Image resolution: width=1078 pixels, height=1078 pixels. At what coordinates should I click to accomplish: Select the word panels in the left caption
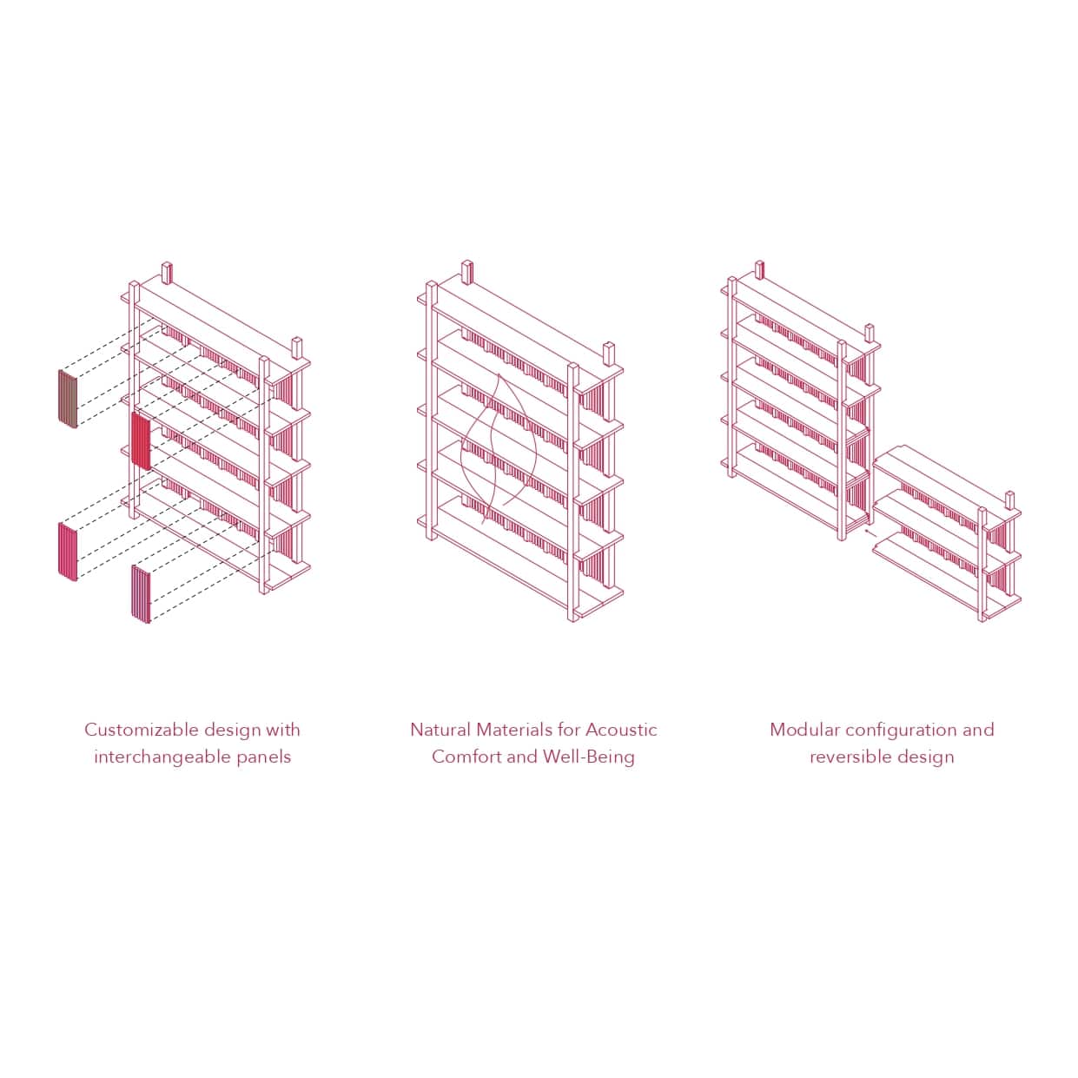(x=264, y=757)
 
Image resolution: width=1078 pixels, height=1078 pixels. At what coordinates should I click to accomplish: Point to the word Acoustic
(x=621, y=730)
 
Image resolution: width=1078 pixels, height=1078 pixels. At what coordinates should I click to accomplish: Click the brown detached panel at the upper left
(x=68, y=399)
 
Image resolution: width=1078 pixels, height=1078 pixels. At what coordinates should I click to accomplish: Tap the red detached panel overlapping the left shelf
(x=141, y=441)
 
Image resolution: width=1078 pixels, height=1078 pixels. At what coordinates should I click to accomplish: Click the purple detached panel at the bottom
(x=141, y=593)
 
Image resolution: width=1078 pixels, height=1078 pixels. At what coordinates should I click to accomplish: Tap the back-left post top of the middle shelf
(x=467, y=272)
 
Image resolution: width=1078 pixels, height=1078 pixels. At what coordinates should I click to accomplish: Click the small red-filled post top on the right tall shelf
(x=759, y=269)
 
